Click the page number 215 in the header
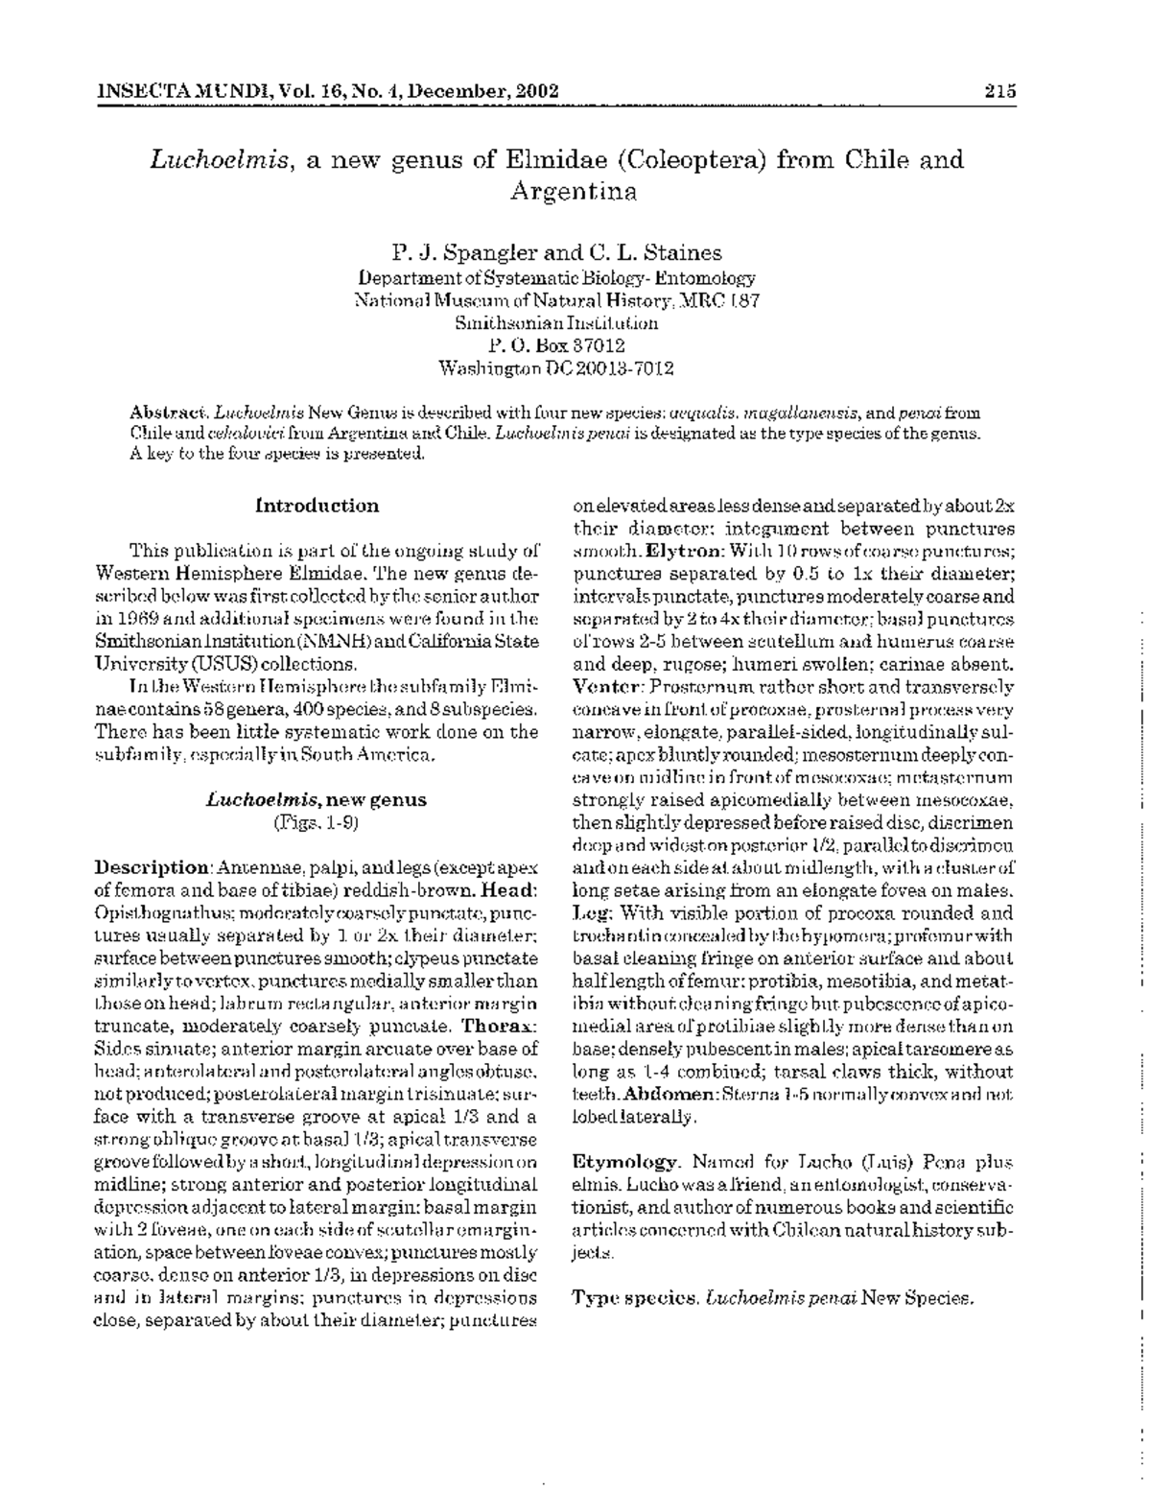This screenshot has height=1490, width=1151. coord(998,92)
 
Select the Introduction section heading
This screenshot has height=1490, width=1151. coord(317,506)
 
